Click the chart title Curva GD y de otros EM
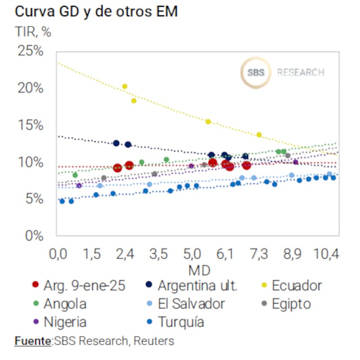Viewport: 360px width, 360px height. pos(96,12)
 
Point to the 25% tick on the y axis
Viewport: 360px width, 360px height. pos(31,51)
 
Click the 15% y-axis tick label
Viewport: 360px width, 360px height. pos(31,125)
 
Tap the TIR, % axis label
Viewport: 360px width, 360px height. pos(33,32)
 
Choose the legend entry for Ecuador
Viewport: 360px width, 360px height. pos(297,285)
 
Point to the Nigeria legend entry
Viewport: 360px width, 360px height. pos(65,322)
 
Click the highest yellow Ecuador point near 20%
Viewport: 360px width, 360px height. pos(125,86)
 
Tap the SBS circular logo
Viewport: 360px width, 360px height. pos(256,72)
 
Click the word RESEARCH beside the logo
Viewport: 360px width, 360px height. pos(301,72)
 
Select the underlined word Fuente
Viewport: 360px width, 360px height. pos(33,341)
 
